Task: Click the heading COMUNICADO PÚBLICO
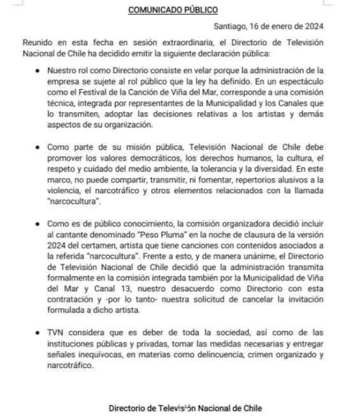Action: [x=173, y=10]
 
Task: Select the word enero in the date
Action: [x=285, y=27]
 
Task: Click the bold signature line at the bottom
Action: [x=185, y=408]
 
